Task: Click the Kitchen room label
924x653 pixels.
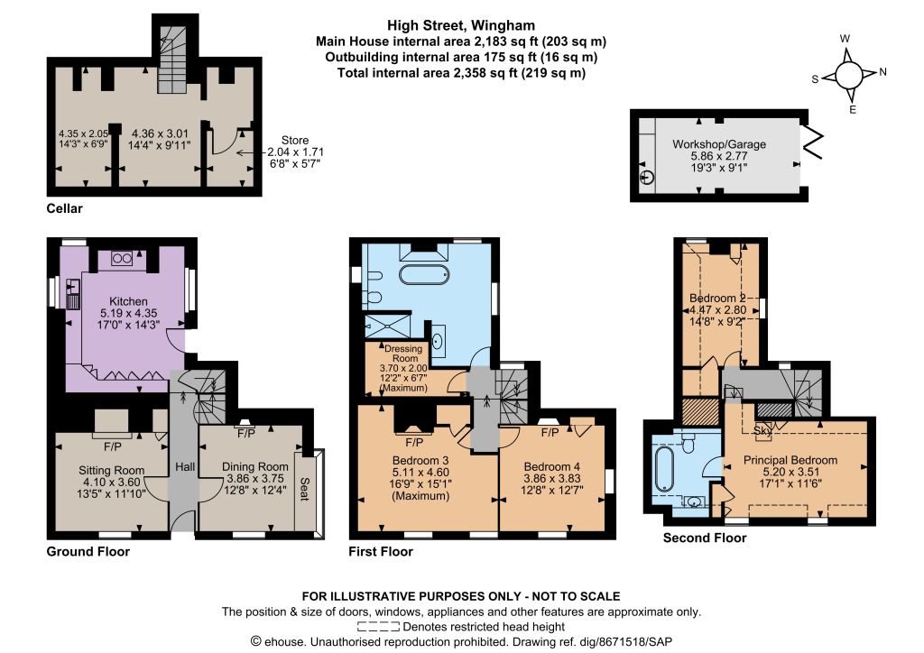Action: (128, 301)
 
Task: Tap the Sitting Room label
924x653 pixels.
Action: (112, 471)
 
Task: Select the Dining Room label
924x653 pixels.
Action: (255, 467)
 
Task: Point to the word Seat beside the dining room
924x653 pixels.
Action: (304, 489)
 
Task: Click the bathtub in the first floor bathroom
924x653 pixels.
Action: (424, 274)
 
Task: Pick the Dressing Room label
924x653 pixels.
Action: (404, 354)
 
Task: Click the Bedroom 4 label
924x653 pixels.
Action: (551, 466)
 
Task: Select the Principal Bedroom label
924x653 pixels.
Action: (790, 460)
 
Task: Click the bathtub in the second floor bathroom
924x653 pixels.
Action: (664, 469)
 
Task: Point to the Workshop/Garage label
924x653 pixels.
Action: (719, 144)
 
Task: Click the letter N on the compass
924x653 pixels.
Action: (882, 72)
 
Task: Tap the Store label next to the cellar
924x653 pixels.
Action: (295, 140)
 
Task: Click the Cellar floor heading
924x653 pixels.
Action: (65, 208)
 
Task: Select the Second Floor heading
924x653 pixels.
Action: (705, 538)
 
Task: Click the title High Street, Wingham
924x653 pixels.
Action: (461, 25)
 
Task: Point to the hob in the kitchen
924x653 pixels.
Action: (122, 259)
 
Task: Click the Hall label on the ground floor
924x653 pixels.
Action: (185, 467)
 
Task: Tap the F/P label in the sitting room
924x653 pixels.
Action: (113, 447)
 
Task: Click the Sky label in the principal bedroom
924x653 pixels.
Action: (762, 430)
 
